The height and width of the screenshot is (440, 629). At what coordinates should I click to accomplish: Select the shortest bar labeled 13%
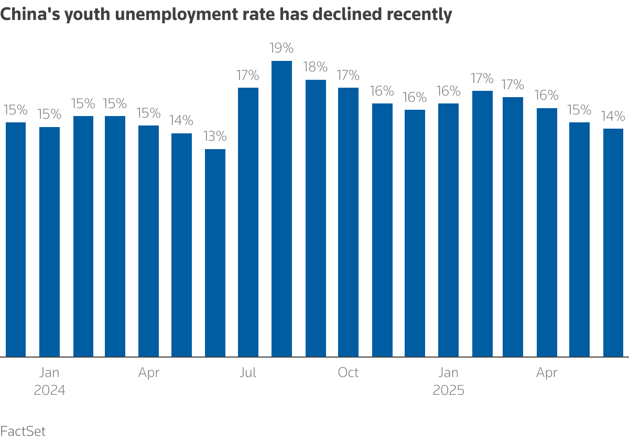coord(215,253)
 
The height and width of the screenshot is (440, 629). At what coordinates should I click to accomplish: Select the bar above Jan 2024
coord(49,242)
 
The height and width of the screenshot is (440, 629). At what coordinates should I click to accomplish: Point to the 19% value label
coord(281,48)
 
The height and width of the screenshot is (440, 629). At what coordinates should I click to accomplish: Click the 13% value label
coord(215,137)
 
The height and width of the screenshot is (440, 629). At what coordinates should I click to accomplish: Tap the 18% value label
coord(316,67)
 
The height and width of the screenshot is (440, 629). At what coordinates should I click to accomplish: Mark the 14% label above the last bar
coord(613,116)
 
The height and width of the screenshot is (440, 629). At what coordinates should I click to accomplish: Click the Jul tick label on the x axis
coord(248,373)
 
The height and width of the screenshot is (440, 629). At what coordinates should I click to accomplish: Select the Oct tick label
coord(348,373)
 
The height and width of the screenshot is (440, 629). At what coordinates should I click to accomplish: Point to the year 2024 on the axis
coord(49,391)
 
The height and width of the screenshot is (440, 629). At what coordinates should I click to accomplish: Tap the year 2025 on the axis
coord(448,391)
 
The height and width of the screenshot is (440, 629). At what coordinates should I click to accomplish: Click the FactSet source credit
coord(23,431)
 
